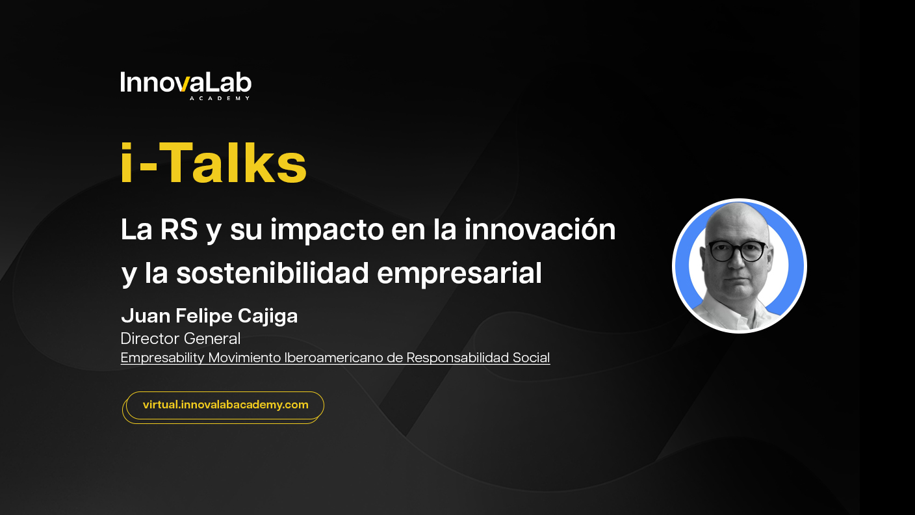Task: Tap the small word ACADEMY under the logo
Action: (220, 98)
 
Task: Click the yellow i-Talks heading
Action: (213, 163)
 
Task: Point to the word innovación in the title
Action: (540, 229)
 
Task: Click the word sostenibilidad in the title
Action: (272, 273)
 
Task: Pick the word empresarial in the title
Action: (459, 274)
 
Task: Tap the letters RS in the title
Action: (179, 230)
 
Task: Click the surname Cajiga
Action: (268, 316)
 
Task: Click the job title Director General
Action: (181, 338)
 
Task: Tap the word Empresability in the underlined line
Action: (162, 358)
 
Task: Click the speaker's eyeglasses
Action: (738, 251)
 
